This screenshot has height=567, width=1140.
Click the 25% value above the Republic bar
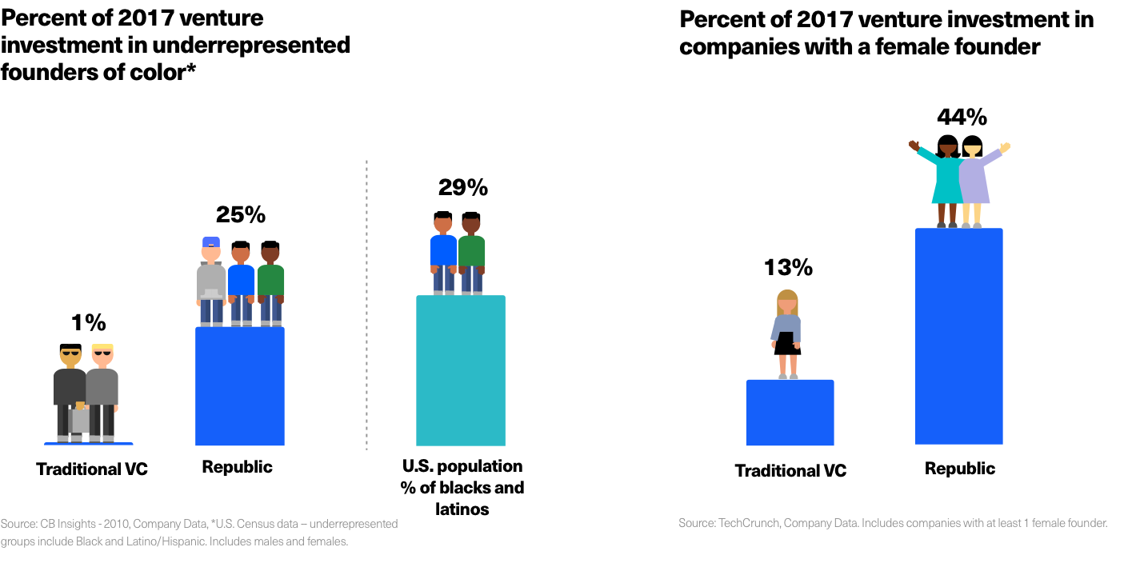pos(240,214)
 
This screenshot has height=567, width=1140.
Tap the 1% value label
pos(88,323)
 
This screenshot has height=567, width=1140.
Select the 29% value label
pos(462,188)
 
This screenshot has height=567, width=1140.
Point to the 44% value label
pos(962,118)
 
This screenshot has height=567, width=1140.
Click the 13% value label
pos(787,268)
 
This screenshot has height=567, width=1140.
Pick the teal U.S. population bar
pos(461,369)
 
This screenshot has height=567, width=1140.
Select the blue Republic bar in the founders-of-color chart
pos(240,385)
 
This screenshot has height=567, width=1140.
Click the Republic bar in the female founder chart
pos(958,336)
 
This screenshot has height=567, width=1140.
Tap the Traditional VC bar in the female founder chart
pos(790,412)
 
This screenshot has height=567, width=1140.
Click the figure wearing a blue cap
pos(211,280)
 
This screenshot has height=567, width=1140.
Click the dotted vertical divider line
pos(366,304)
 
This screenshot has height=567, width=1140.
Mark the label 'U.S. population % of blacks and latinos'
pos(462,488)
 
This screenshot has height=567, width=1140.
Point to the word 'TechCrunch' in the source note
pos(747,523)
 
